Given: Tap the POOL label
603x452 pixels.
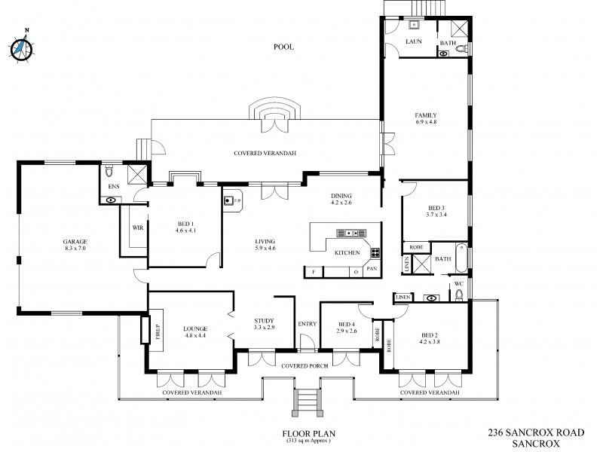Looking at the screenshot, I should (283, 47).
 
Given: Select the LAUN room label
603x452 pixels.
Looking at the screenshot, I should (412, 41).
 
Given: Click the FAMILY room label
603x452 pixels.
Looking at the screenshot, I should (426, 115).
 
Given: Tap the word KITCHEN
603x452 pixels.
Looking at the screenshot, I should (348, 252).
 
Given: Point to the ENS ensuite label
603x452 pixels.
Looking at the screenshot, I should (114, 185).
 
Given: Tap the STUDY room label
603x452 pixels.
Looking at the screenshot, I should (265, 321).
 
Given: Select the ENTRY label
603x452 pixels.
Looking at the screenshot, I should (308, 324).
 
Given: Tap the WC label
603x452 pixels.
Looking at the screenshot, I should (458, 284).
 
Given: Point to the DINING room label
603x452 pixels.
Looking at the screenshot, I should (341, 196).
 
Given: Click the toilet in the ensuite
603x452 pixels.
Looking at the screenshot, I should (111, 167).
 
